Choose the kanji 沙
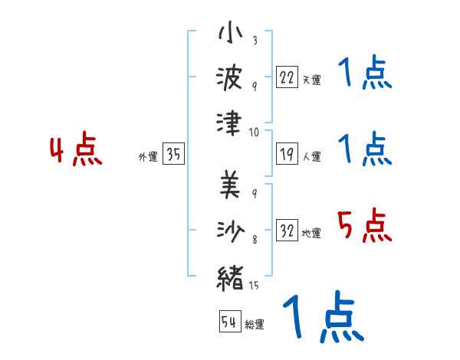pyautogui.click(x=231, y=231)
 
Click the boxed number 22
pyautogui.click(x=287, y=77)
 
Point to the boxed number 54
pyautogui.click(x=229, y=322)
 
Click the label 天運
pyautogui.click(x=311, y=80)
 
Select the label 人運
pyautogui.click(x=311, y=157)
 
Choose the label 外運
pyautogui.click(x=148, y=157)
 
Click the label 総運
pyautogui.click(x=255, y=324)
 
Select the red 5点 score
pyautogui.click(x=364, y=227)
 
